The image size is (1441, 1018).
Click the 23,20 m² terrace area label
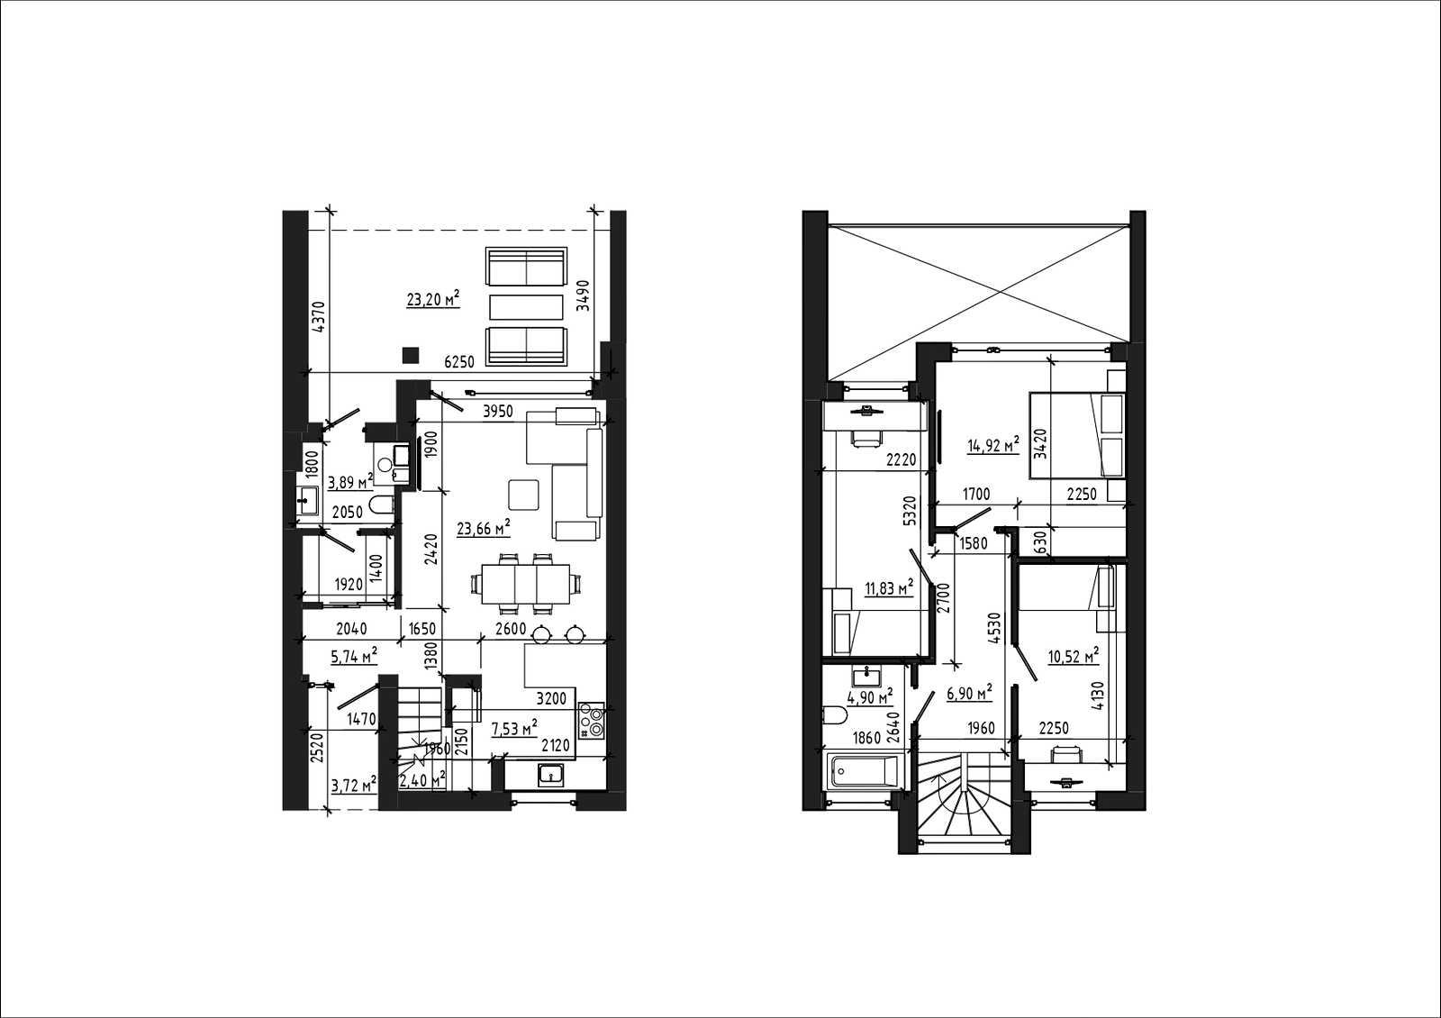coord(433,299)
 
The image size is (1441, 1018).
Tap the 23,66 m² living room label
coord(483,528)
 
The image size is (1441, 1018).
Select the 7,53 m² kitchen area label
coord(514,729)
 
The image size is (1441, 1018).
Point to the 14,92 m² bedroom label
coord(993,445)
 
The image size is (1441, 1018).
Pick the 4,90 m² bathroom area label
coord(870,697)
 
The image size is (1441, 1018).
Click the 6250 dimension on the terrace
coord(459,362)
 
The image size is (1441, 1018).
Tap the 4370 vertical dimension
coord(319,316)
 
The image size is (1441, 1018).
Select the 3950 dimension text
coord(498,412)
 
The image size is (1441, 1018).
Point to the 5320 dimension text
coord(910,510)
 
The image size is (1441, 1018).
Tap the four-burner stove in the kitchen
coord(591,721)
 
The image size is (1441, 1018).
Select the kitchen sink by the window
coord(551,775)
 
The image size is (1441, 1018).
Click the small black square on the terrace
coord(411,355)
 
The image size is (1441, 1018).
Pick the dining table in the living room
coord(526,585)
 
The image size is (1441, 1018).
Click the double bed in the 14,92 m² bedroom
coord(1077,436)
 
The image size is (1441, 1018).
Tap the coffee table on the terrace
coord(526,307)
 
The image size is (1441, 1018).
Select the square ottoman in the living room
coord(523,495)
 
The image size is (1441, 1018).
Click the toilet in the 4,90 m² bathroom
coord(833,715)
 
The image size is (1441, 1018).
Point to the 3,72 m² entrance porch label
coord(353,785)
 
